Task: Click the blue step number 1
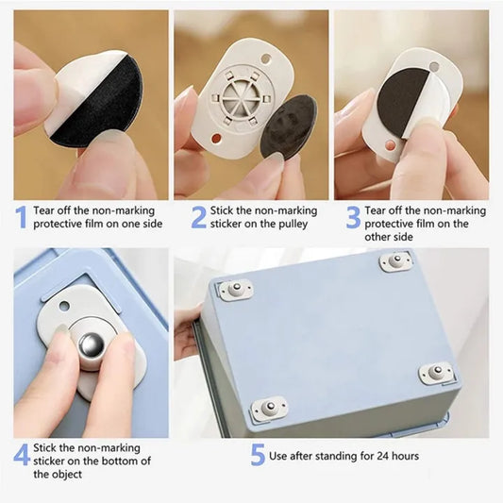point(20,217)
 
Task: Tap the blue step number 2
point(198,217)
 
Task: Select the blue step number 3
point(352,217)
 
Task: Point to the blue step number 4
point(21,454)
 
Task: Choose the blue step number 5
point(258,454)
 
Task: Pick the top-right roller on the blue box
point(395,261)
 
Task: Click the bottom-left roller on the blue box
point(269,409)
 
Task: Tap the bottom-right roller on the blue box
point(437,374)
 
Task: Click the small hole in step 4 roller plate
point(63,306)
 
